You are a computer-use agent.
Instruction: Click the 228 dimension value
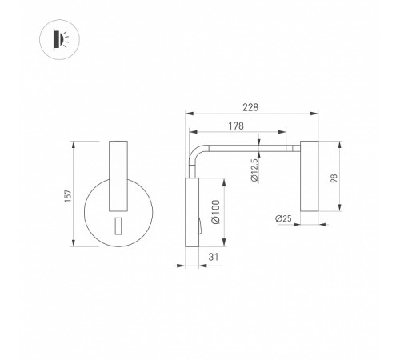click(250, 107)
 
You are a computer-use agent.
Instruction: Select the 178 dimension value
click(236, 126)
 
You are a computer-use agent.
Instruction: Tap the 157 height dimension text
click(68, 196)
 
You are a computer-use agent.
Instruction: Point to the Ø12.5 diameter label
click(254, 170)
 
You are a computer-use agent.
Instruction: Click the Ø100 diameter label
click(215, 212)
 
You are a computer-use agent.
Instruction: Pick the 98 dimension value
click(334, 178)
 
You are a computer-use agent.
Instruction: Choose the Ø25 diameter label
click(283, 218)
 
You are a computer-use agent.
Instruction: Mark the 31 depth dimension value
click(214, 257)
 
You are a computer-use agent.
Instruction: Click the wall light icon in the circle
click(61, 39)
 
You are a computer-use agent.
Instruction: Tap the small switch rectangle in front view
click(118, 226)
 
